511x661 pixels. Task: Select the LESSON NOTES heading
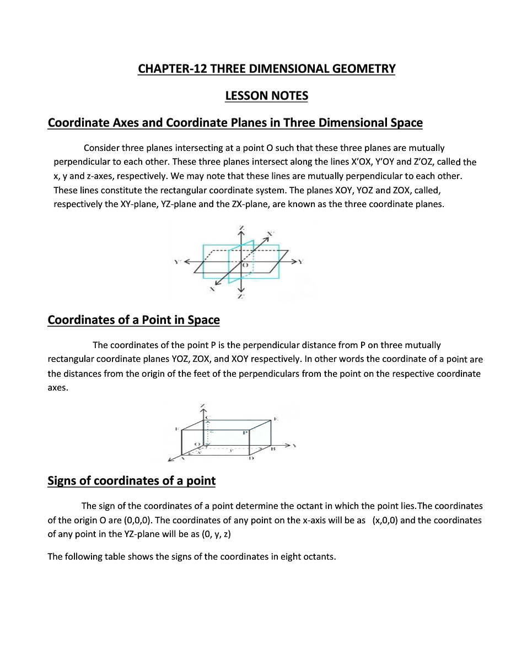tap(267, 96)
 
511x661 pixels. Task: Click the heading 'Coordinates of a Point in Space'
tap(134, 320)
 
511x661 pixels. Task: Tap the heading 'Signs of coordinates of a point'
tap(132, 481)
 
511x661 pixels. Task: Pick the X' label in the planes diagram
tap(270, 234)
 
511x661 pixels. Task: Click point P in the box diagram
tap(246, 433)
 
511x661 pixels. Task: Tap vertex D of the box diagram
tap(251, 458)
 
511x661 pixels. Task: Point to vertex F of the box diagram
tap(176, 428)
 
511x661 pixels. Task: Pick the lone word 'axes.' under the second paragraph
tap(58, 388)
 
